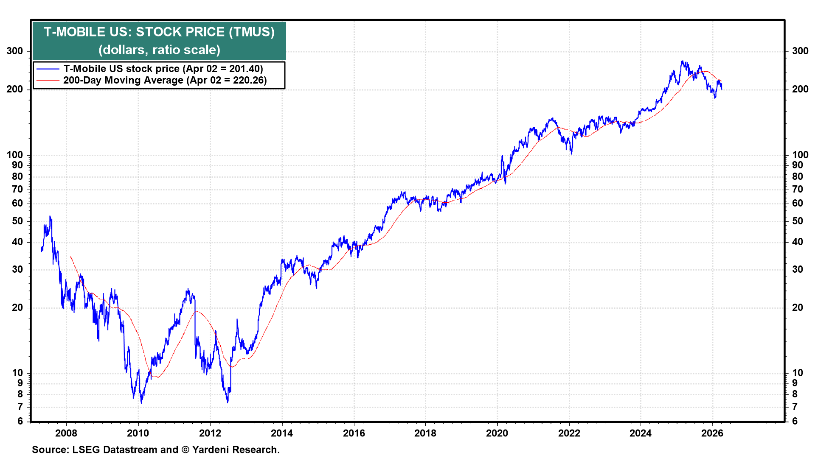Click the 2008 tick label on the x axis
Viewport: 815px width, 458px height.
coord(66,433)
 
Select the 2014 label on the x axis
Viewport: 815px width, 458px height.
coord(282,433)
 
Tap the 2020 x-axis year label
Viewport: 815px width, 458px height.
coord(497,433)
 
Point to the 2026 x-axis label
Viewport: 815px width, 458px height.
coord(712,433)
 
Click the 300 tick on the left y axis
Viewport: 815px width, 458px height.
coord(15,51)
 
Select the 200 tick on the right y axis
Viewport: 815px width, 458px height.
coord(800,89)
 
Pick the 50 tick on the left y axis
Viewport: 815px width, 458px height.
coord(17,221)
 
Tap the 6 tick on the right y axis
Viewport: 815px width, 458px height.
coord(795,421)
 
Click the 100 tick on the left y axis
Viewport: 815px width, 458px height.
coord(15,155)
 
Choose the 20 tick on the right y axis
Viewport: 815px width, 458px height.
coord(798,307)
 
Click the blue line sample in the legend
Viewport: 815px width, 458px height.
coord(48,69)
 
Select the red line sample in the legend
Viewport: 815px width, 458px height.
coord(48,80)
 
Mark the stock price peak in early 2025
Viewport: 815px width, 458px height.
coord(682,61)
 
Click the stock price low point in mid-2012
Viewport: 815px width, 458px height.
coord(228,402)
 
